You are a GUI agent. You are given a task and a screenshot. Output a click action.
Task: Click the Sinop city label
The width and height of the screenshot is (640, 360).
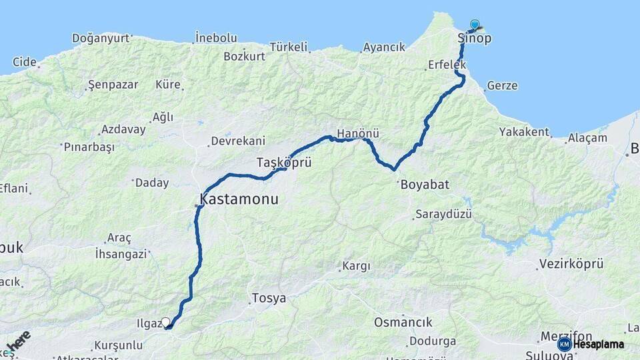click(475, 39)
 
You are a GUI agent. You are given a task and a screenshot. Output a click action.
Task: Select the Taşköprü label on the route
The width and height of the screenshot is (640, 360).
click(284, 162)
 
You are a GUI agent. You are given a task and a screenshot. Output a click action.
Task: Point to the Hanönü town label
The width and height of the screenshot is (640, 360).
click(358, 133)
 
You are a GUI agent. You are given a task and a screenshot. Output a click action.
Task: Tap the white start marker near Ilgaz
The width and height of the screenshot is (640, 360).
click(166, 322)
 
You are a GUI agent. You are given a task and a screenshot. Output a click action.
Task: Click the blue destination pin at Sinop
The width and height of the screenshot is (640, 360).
click(475, 24)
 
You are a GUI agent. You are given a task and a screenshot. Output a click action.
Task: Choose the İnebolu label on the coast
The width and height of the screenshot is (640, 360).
click(216, 38)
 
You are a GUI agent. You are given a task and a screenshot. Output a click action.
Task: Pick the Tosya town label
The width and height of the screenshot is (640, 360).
click(269, 298)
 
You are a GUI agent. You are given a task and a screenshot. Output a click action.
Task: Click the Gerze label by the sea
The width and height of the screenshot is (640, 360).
click(502, 85)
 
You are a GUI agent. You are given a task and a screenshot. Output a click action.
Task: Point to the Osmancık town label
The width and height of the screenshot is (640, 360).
click(403, 322)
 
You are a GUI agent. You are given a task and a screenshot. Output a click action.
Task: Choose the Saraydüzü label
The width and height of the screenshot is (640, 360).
click(443, 214)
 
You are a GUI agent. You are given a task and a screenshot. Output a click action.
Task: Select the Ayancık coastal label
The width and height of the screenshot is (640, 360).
click(384, 47)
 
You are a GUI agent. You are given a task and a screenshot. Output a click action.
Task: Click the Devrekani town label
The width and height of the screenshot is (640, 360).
click(238, 141)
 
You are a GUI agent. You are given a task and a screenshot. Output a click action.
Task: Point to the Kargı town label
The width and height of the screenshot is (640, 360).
click(356, 266)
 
